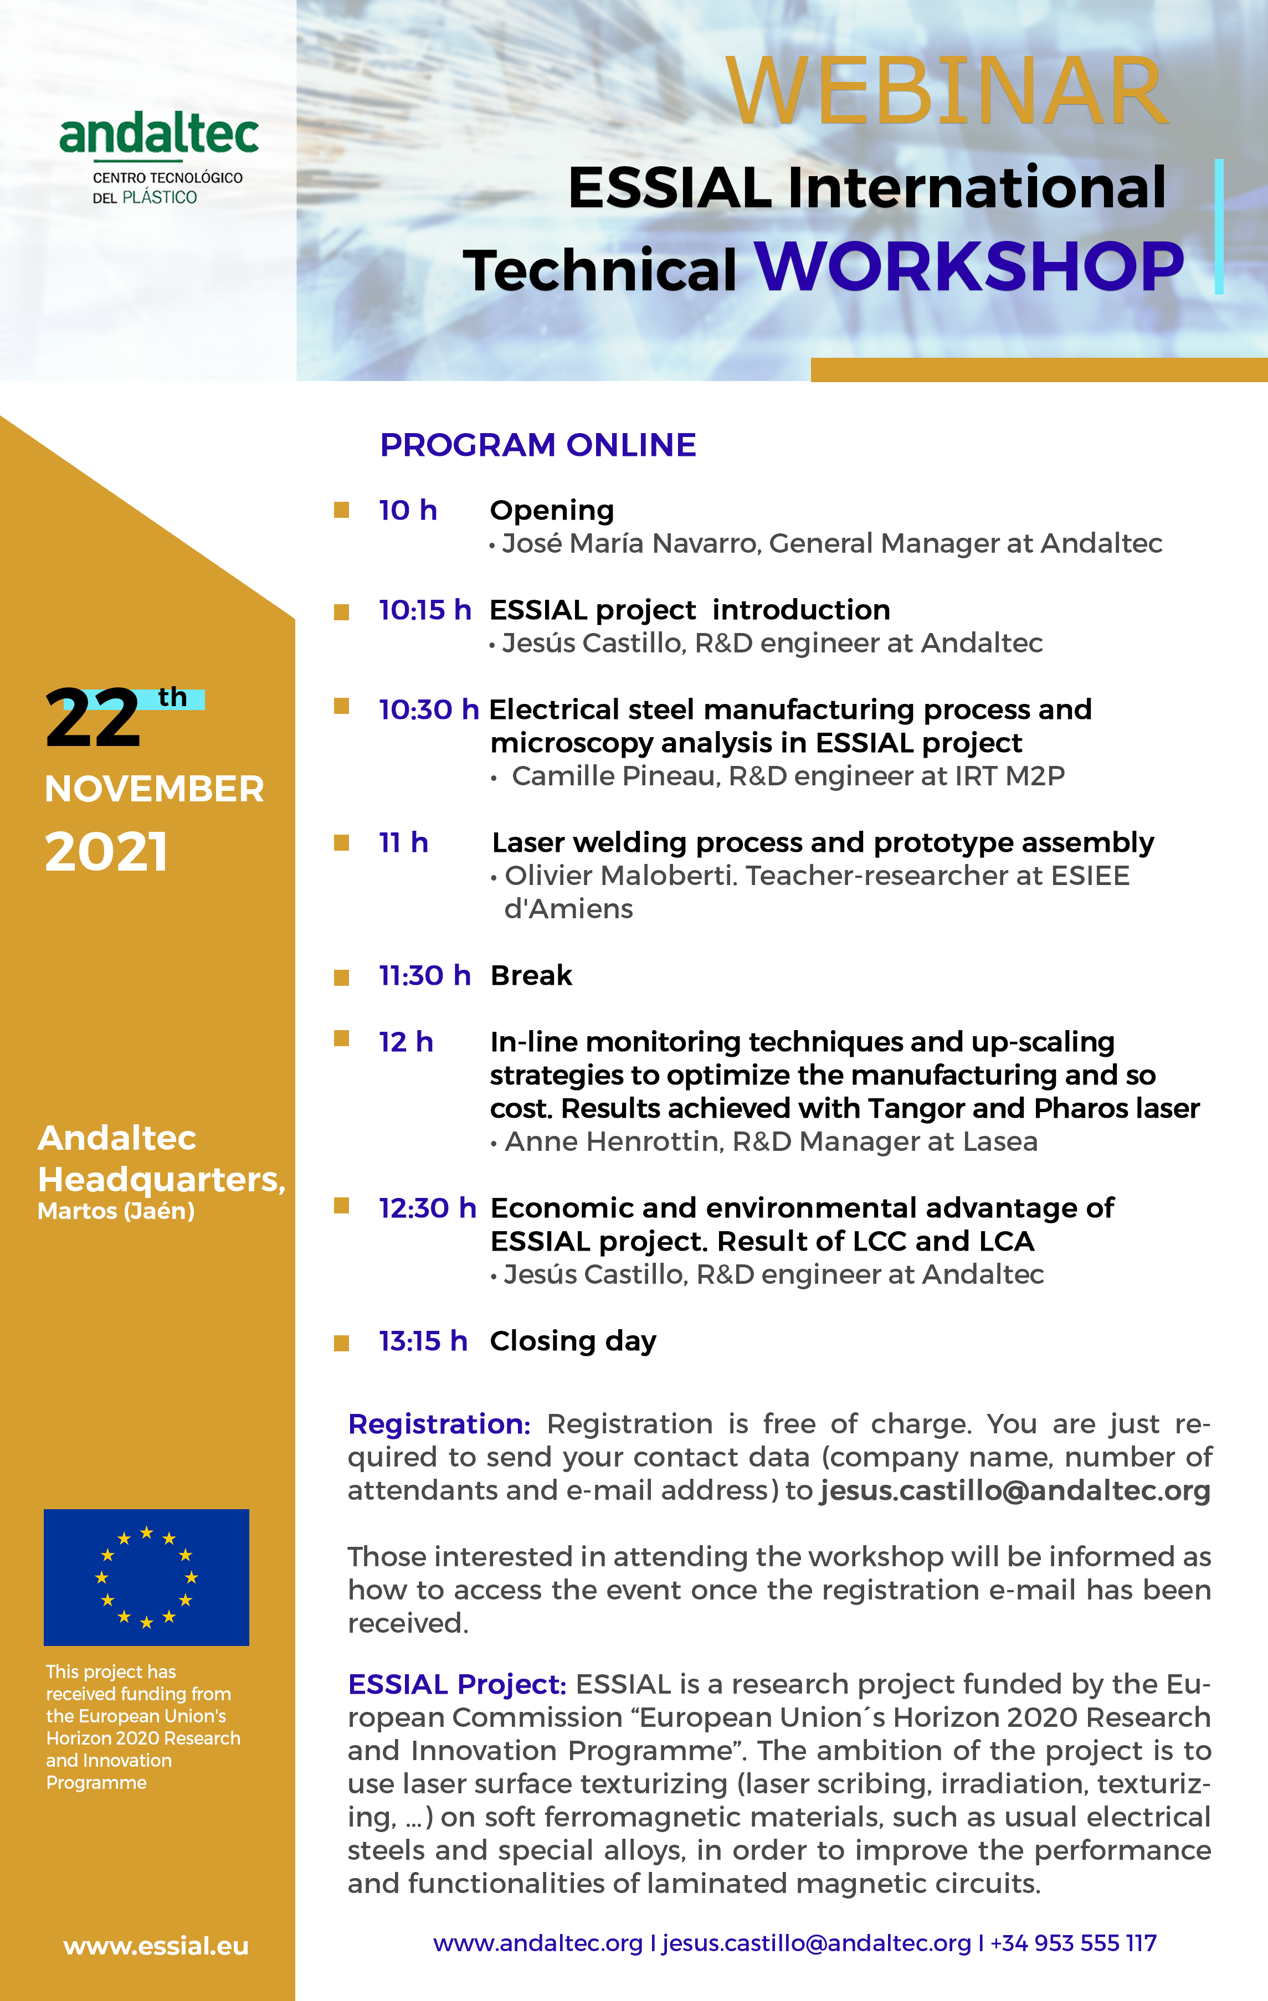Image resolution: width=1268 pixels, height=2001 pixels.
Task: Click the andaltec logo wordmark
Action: pos(158,135)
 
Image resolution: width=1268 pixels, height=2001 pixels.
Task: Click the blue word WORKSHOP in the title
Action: pos(968,268)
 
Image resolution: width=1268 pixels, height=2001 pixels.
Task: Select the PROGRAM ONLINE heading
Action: pos(537,445)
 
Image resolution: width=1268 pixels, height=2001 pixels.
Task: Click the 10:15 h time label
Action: pos(424,610)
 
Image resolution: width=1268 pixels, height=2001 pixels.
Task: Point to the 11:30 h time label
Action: pos(424,975)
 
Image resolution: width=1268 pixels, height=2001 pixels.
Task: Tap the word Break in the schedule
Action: pos(531,975)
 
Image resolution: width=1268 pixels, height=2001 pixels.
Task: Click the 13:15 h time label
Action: pos(423,1341)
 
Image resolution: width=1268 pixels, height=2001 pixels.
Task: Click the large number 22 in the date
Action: pos(93,718)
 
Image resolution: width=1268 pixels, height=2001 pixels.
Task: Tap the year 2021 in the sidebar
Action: pos(106,852)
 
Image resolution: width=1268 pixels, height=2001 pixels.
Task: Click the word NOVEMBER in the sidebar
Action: pos(155,789)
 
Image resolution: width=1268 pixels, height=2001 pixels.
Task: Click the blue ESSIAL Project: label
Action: pos(456,1684)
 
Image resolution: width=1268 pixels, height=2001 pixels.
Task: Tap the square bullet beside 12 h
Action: pos(341,1039)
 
